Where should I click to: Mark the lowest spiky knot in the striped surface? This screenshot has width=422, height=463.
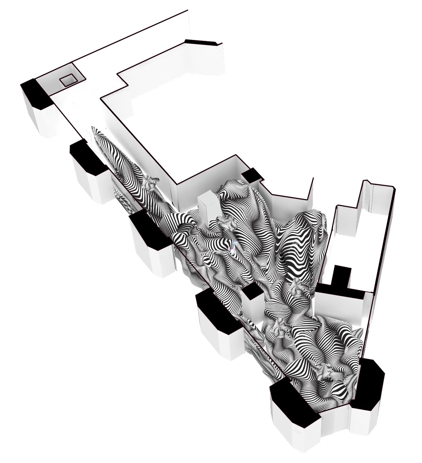pyautogui.click(x=325, y=373)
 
